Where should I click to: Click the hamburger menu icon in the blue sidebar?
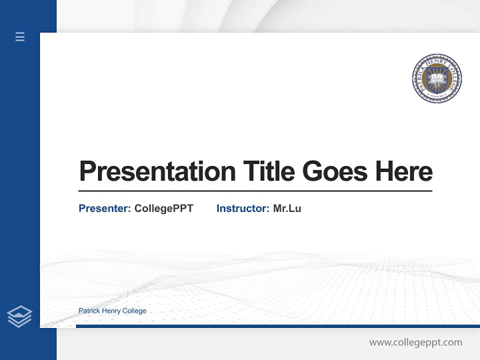tap(20, 36)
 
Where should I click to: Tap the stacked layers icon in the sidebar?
tap(19, 316)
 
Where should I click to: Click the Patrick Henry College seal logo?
tap(436, 79)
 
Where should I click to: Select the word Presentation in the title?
tap(157, 171)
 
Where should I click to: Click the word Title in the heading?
tap(269, 171)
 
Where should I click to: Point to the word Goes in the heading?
tap(335, 171)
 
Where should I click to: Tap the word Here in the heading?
tap(403, 171)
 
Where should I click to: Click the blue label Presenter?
tap(104, 208)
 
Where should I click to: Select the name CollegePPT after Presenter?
tap(163, 208)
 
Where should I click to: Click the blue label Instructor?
tap(242, 208)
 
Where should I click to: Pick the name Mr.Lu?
tap(287, 208)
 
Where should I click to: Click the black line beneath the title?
tap(255, 191)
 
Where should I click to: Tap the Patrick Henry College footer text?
tap(112, 311)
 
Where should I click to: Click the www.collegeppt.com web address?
tap(415, 342)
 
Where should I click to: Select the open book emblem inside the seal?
tap(436, 79)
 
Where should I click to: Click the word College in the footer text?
tap(135, 311)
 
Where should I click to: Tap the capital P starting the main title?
tap(87, 171)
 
